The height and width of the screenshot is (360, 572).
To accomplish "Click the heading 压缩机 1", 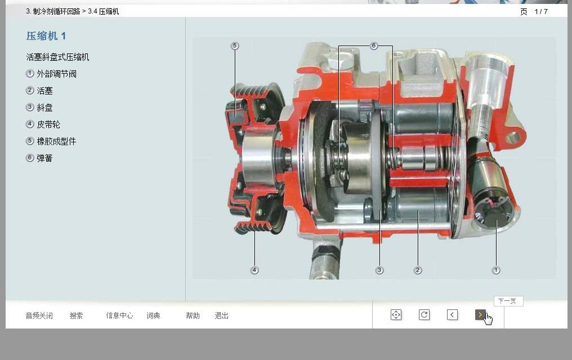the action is [x=46, y=35].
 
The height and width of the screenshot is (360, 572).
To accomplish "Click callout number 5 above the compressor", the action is [x=235, y=46].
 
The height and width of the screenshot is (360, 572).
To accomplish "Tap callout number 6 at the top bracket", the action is [x=374, y=46].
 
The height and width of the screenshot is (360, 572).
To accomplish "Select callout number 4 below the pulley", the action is [x=254, y=270].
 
